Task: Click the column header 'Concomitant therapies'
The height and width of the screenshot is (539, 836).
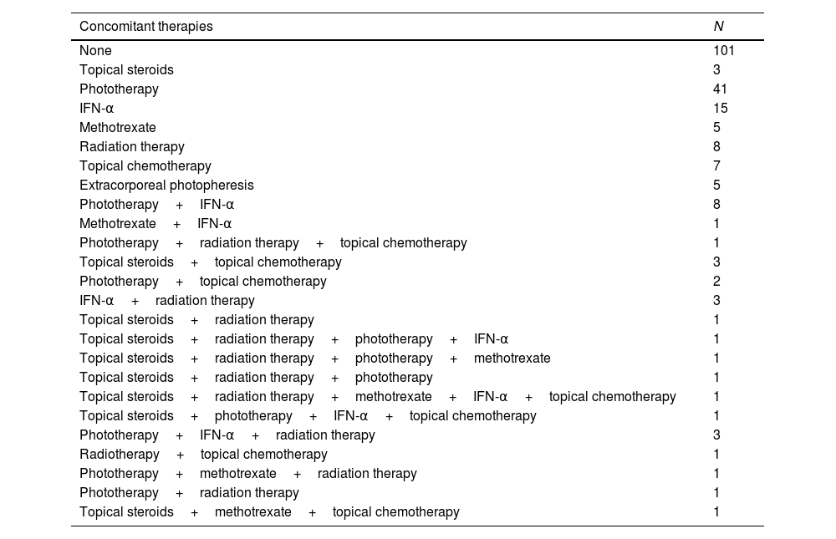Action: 146,27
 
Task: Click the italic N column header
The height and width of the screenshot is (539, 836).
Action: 718,27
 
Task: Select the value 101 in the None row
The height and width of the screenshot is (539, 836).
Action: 724,51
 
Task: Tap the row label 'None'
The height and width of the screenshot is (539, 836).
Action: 95,51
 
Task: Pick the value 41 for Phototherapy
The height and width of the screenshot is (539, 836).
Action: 721,89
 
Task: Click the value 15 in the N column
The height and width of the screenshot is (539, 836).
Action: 721,109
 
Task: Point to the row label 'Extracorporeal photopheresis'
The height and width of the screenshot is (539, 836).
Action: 166,186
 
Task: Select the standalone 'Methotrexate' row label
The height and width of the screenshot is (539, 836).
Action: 118,128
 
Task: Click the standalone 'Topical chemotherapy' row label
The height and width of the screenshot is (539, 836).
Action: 145,166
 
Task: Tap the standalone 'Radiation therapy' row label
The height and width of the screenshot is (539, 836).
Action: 132,147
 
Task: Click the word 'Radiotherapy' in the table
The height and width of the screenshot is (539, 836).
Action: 120,455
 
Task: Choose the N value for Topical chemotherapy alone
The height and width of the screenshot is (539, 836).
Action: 717,166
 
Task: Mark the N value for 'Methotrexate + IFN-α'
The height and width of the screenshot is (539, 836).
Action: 717,224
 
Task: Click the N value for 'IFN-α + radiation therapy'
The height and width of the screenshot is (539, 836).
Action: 717,301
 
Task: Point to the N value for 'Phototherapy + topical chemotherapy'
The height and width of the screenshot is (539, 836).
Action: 717,282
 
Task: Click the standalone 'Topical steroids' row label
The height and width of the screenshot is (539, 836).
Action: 126,70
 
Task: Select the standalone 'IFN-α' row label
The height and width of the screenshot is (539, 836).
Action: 97,109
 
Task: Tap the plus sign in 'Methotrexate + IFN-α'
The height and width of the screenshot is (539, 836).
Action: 177,224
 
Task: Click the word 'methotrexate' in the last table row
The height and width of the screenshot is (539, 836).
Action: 253,512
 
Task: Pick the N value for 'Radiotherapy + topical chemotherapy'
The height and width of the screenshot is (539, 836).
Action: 717,455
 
